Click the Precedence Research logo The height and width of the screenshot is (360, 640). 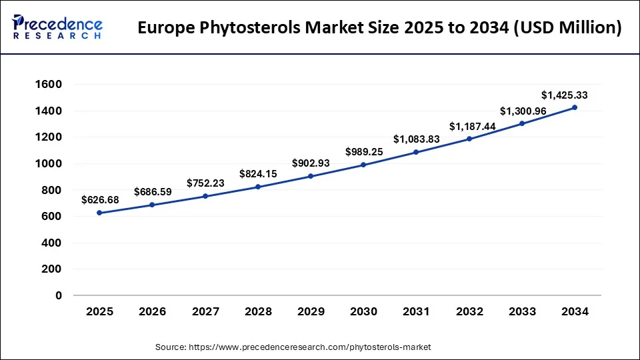coord(57,27)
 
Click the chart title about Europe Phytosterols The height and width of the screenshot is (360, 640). coord(379,28)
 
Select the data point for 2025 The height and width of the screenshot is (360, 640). coord(99,213)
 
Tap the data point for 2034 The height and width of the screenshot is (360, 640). coord(575,107)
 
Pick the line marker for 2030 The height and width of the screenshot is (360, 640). coord(363,165)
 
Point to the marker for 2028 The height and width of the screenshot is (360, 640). coord(258,187)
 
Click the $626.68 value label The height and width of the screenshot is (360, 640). coord(99,199)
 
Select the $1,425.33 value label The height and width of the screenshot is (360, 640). coord(564,95)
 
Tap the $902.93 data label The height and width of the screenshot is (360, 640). coord(311,163)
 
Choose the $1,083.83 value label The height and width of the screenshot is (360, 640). coord(416,139)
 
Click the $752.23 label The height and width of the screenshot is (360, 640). coord(205,183)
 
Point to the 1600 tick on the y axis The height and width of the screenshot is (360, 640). coord(49,85)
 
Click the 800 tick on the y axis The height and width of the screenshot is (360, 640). coord(53,190)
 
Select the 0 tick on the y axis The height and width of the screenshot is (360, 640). coord(59,295)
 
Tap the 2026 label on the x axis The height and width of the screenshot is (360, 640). coord(152,311)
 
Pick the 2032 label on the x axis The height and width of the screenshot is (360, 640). coord(469,311)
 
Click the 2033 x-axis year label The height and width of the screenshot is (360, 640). coord(522,311)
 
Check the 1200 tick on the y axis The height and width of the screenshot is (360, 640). coord(49,137)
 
